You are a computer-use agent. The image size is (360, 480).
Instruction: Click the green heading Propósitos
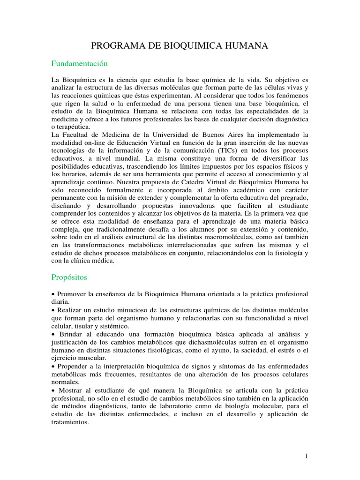[69, 277]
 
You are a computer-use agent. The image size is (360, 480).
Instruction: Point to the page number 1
[306, 456]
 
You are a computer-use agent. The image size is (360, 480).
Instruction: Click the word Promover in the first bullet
[71, 294]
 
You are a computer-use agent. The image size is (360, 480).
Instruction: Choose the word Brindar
[72, 334]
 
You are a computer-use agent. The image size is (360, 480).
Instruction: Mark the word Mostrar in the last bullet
[71, 390]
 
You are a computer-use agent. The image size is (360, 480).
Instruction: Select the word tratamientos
[70, 422]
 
